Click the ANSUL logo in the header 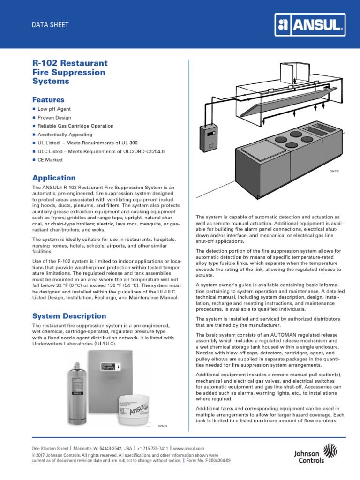point(310,24)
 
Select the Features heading point(48,100)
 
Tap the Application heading point(54,178)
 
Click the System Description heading point(69,316)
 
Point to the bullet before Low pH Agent point(34,109)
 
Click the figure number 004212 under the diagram point(334,172)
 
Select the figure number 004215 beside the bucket point(163,425)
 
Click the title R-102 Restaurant point(70,63)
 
